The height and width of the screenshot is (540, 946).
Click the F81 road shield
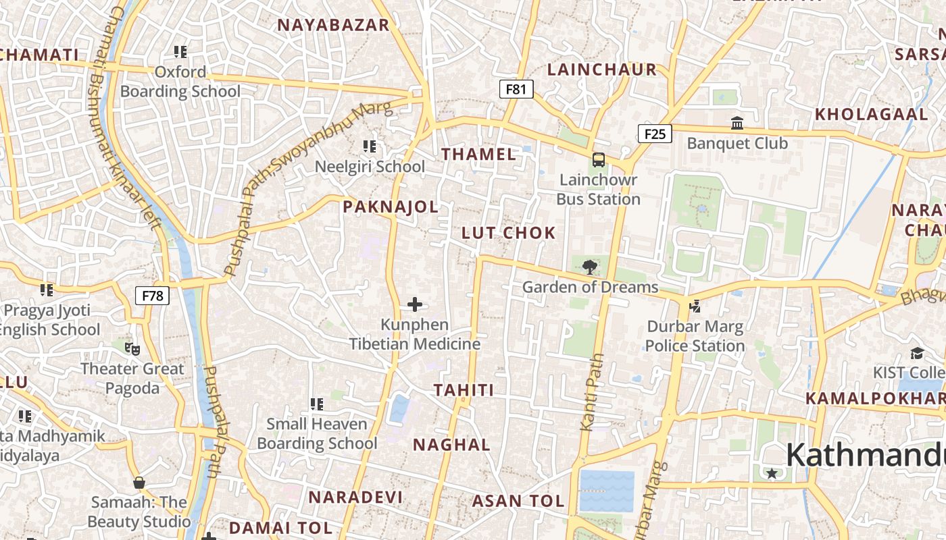coord(516,89)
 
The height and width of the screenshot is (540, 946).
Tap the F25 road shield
coord(655,134)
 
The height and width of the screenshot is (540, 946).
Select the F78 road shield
coord(152,296)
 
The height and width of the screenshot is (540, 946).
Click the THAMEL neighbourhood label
coord(479,154)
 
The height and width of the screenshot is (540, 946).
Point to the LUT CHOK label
coord(509,233)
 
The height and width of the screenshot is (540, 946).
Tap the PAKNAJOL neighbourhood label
coord(391,207)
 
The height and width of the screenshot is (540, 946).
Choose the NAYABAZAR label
coord(334,25)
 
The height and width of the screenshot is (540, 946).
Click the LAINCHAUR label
coord(602,70)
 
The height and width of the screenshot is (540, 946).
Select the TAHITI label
coord(464,389)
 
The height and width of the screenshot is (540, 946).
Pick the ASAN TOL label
coord(518,501)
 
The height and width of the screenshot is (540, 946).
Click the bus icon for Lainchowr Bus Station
coord(598,160)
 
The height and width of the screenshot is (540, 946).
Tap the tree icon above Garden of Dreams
coord(590,267)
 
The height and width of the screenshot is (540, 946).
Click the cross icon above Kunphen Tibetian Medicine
coord(415,305)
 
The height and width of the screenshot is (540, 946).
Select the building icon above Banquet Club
coord(737,124)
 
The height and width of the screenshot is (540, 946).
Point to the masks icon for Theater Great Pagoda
coord(132,349)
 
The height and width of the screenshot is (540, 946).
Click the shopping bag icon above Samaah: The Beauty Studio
coord(139,483)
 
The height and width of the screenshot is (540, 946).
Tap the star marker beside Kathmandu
coord(772,474)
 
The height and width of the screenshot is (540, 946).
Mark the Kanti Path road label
coord(591,391)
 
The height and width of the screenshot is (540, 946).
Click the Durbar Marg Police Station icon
coord(694,306)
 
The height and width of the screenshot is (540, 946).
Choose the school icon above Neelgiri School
coord(370,146)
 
